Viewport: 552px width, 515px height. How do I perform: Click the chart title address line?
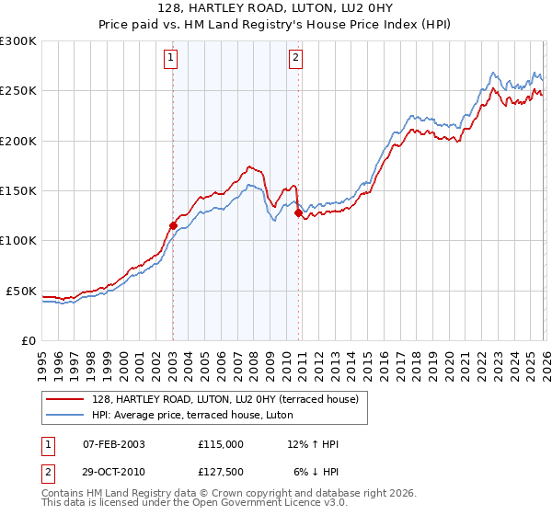coord(276,8)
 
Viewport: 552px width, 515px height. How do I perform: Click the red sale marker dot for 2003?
coord(173,225)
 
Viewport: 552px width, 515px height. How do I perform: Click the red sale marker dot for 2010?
coord(298,212)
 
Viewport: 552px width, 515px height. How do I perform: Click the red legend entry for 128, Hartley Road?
coord(230,398)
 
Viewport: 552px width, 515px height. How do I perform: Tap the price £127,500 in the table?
coord(221,473)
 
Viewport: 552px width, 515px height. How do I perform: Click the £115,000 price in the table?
coord(221,444)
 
